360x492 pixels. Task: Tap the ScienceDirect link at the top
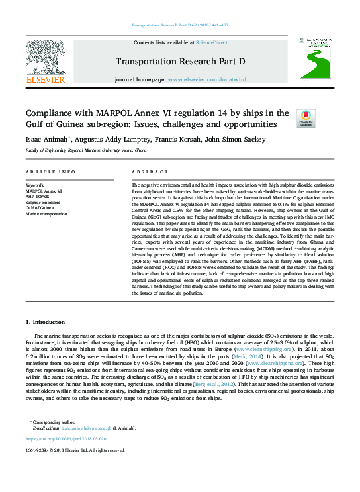coord(212,43)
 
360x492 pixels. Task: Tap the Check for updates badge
coord(306,119)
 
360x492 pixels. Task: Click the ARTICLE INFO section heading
coord(50,172)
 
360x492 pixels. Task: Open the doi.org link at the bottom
coord(66,438)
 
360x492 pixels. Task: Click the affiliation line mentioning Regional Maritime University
coord(86,151)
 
